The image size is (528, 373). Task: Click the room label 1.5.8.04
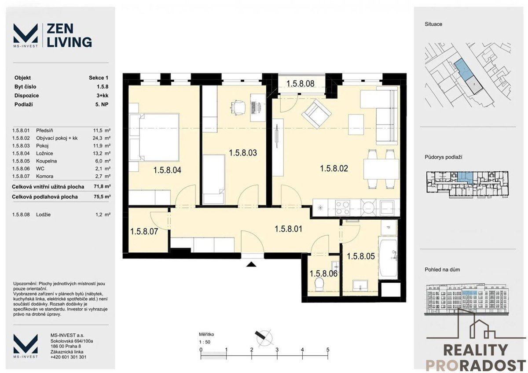167,170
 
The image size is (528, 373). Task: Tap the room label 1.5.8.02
334,169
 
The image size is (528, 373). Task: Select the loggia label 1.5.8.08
300,84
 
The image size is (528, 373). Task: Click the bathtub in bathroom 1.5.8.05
388,258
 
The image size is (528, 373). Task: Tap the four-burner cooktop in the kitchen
342,207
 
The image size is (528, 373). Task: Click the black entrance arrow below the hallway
251,264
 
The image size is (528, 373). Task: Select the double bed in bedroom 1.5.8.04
154,137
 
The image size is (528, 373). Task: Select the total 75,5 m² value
102,196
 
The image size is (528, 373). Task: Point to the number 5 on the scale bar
328,350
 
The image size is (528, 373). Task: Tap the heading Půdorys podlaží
444,157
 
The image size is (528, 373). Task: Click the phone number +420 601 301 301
68,357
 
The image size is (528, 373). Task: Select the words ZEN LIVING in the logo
70,36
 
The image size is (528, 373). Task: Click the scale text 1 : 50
204,342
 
